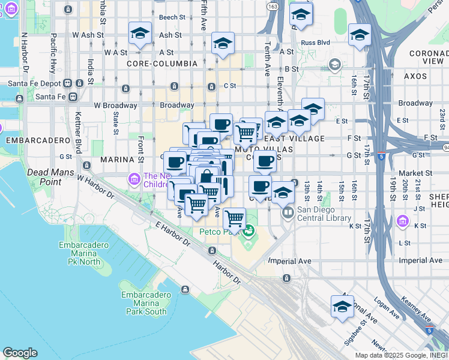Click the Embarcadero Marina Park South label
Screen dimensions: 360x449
143,303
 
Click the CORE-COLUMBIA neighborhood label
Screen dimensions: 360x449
162,63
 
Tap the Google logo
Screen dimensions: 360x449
20,353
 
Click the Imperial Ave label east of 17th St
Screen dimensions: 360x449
420,260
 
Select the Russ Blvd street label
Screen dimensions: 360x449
315,43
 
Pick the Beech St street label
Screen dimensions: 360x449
172,17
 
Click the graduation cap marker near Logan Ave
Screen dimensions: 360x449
342,307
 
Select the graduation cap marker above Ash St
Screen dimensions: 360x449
140,32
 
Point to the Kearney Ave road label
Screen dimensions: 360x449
417,308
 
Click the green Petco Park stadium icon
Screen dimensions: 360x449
248,230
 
